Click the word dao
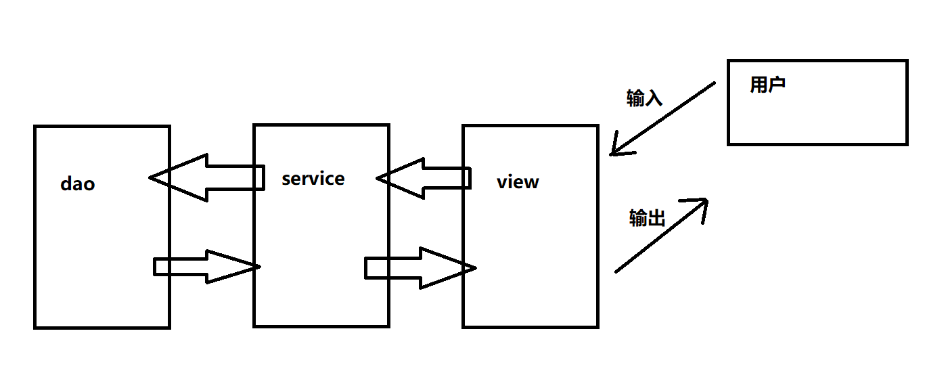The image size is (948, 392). [x=78, y=183]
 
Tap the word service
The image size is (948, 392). [x=313, y=179]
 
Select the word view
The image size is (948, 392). [x=518, y=182]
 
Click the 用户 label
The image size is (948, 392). [x=767, y=85]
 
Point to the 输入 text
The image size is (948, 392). [x=644, y=99]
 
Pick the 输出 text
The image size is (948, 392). [x=647, y=218]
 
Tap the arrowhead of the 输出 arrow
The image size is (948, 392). [x=700, y=204]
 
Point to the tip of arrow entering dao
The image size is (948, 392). [x=152, y=178]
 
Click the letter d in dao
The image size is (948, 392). [x=66, y=183]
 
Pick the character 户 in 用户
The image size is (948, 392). [x=776, y=85]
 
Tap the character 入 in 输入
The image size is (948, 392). [x=654, y=99]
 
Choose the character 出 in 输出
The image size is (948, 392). [x=656, y=218]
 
